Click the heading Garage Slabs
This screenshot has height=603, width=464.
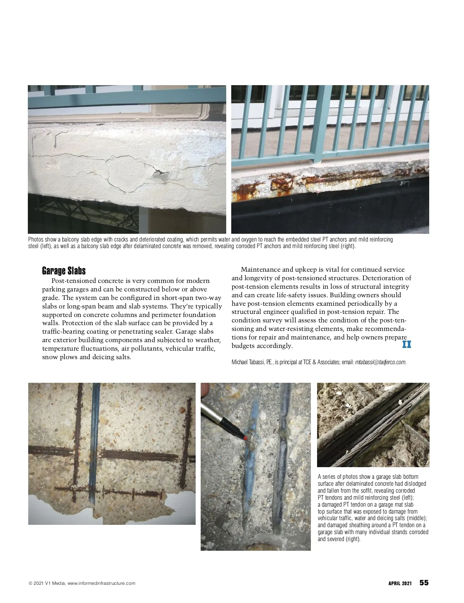pyautogui.click(x=64, y=271)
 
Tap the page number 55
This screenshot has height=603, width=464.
pyautogui.click(x=424, y=583)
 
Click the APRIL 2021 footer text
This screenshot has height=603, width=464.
pyautogui.click(x=400, y=583)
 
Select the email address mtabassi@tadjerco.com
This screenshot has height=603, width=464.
pyautogui.click(x=380, y=362)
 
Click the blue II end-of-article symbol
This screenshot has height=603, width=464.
pyautogui.click(x=406, y=344)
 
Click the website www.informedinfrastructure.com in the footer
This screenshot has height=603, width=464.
pyautogui.click(x=101, y=583)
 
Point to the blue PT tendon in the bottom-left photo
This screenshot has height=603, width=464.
pyautogui.click(x=94, y=445)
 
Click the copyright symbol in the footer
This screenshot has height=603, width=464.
pyautogui.click(x=31, y=583)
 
